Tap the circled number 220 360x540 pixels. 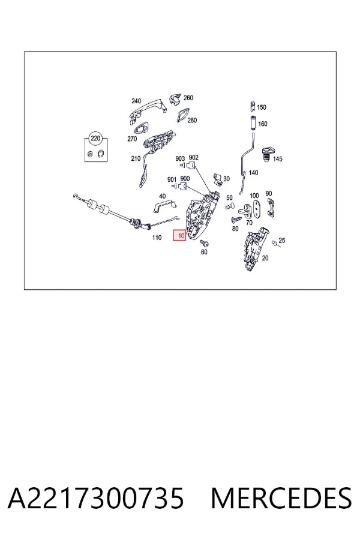pos(95,139)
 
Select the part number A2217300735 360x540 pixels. pos(96,499)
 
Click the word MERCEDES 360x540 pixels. pos(281,499)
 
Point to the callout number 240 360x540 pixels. pos(136,101)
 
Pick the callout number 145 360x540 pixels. pos(278,159)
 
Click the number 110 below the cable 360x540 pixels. pos(157,237)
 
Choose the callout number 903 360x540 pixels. pos(180,158)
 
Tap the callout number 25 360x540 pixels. pos(282,241)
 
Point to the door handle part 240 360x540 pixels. pos(148,110)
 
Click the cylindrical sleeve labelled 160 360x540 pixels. pos(253,122)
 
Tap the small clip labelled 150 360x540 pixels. pos(253,106)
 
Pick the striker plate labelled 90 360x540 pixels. pos(271,208)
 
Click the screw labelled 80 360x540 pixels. pos(236,220)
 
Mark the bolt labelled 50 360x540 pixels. pos(229,206)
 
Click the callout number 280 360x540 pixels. pos(192,120)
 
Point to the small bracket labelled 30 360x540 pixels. pos(217,179)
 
